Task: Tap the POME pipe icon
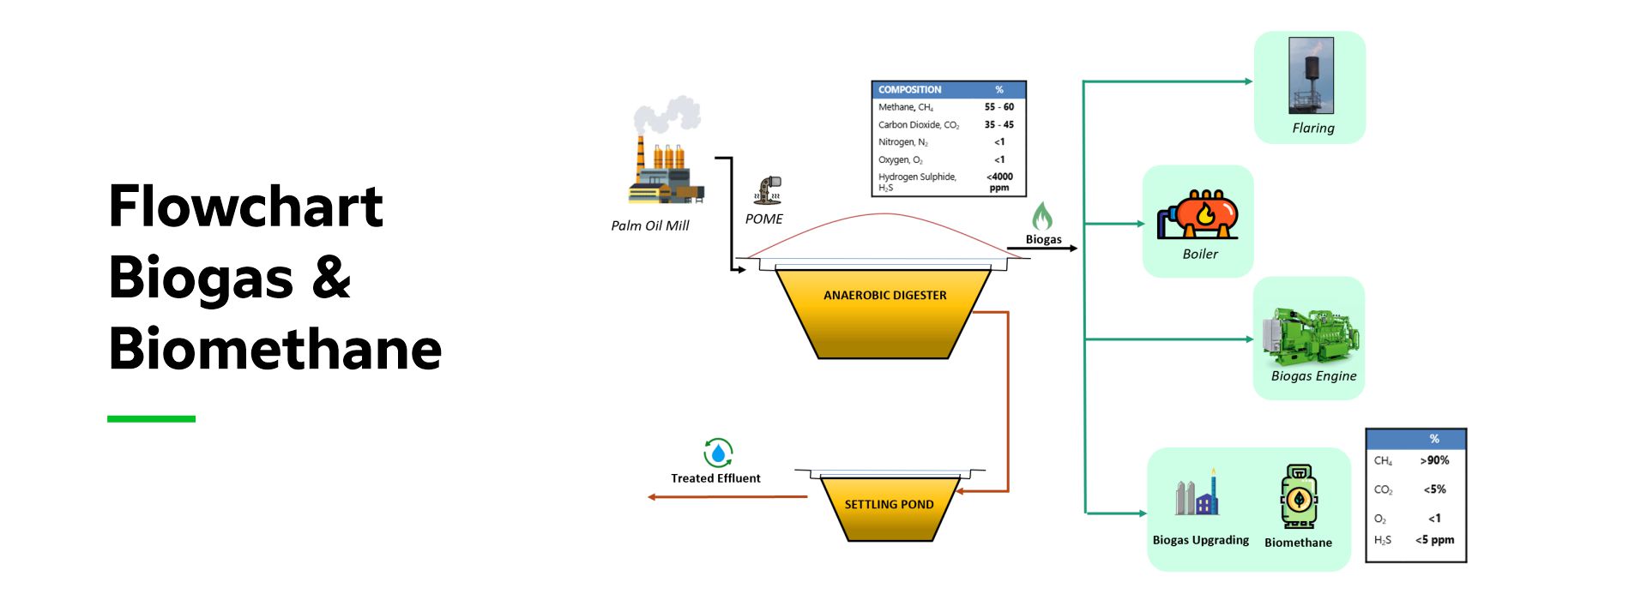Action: (769, 189)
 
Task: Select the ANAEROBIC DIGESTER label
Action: (884, 295)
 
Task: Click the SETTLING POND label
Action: (889, 504)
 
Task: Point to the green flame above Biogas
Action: (1042, 216)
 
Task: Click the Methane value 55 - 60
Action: (998, 107)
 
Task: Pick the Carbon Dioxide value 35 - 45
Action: (998, 124)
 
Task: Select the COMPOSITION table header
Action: (910, 89)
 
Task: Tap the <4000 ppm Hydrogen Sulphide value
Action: (999, 182)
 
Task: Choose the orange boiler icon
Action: (1198, 214)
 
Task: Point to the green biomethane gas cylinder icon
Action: (1299, 497)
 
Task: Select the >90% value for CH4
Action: (1434, 460)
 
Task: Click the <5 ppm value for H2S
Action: (1434, 540)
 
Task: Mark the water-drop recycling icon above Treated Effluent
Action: (718, 453)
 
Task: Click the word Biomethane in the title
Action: (275, 349)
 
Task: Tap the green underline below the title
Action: (151, 418)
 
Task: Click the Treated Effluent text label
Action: (715, 478)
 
